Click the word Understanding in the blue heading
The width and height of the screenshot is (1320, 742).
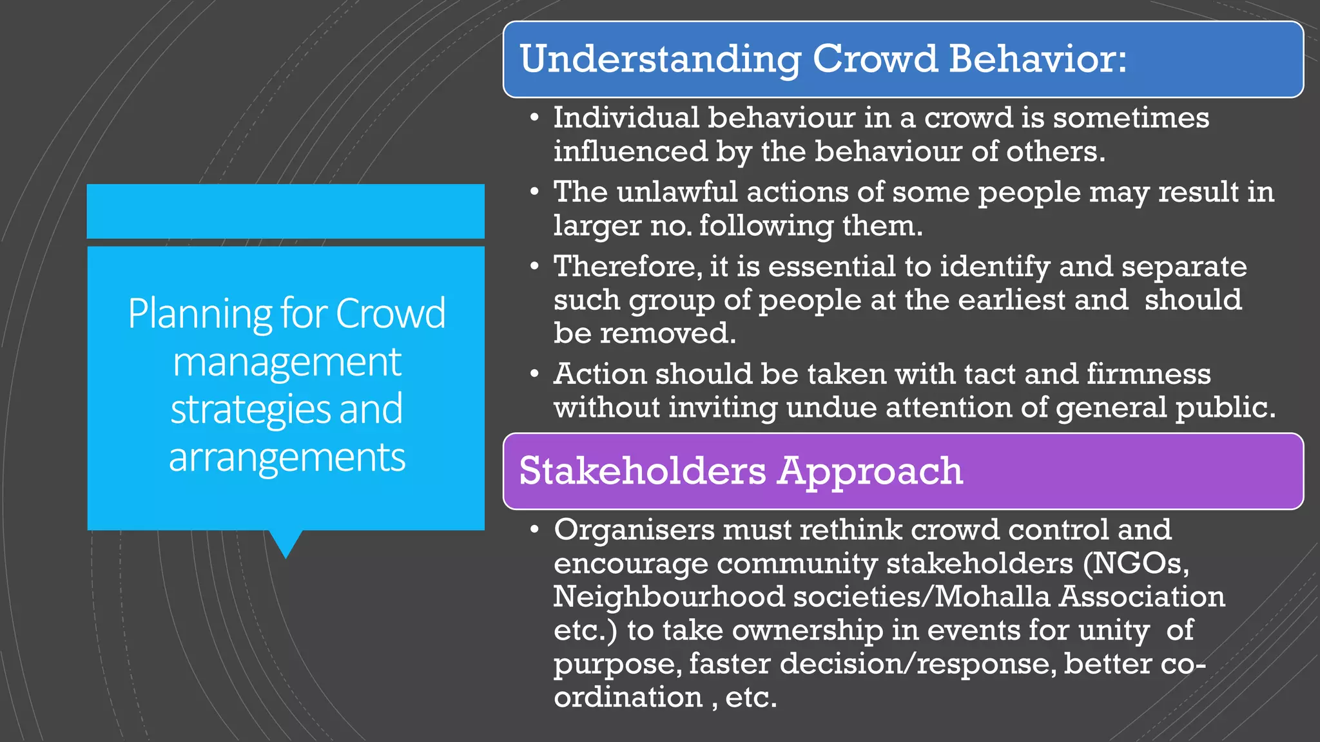click(x=660, y=59)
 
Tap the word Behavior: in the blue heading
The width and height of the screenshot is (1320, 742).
click(x=1038, y=59)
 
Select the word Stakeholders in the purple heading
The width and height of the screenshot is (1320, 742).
click(x=643, y=471)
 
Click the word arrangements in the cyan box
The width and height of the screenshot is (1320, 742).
click(x=287, y=457)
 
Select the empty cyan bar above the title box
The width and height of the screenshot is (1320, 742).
click(x=286, y=211)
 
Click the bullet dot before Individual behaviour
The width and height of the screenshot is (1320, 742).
click(x=534, y=118)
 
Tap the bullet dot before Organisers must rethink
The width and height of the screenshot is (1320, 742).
click(x=534, y=530)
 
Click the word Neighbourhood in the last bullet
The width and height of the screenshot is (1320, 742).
click(x=669, y=596)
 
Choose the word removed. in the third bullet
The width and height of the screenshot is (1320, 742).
click(x=668, y=334)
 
